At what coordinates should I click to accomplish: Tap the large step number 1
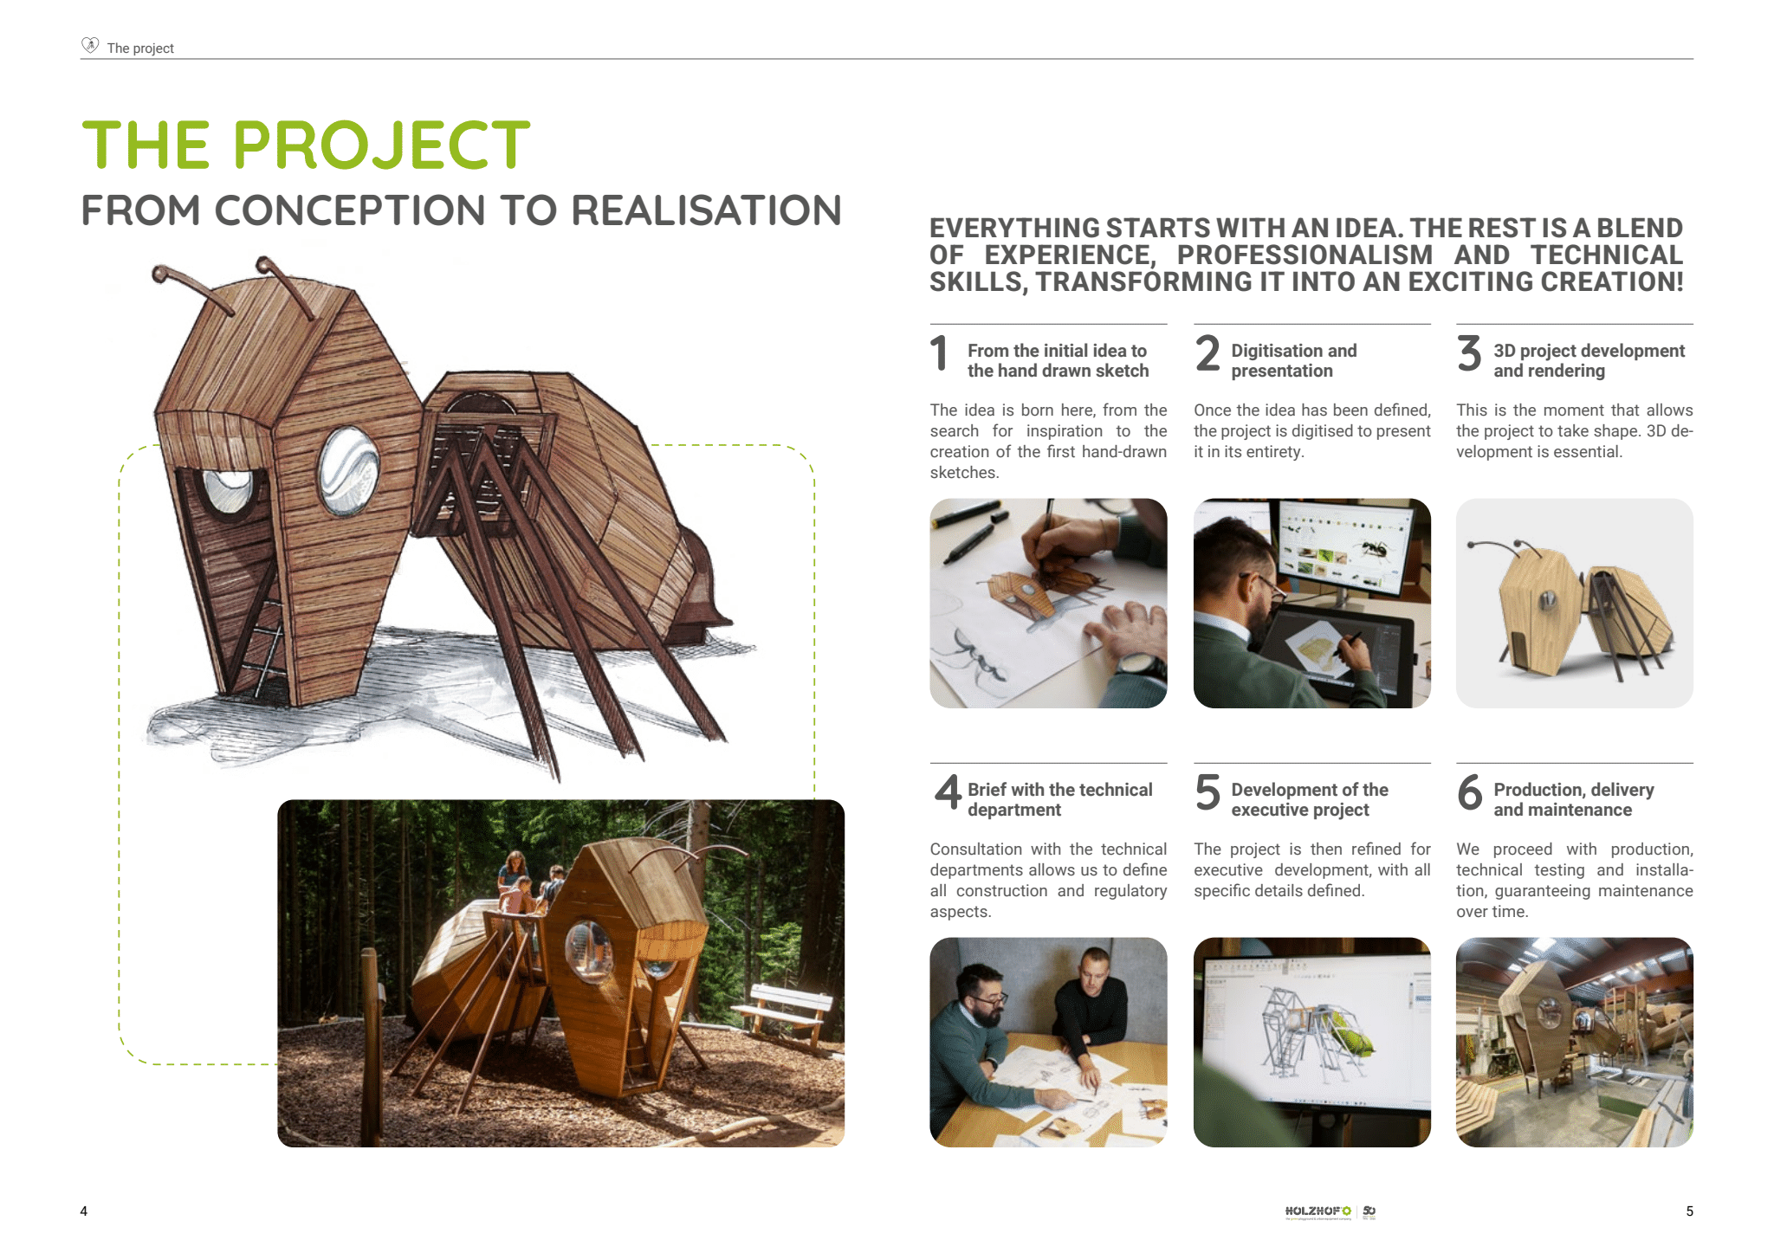coord(939,353)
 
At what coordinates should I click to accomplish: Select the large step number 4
coord(948,792)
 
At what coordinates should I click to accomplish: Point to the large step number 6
coord(1470,792)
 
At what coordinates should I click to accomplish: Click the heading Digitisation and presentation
coord(1294,360)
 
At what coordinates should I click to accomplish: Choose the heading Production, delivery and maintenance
coord(1574,799)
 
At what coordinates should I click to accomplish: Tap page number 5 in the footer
coord(1689,1211)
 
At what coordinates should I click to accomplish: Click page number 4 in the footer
coord(84,1211)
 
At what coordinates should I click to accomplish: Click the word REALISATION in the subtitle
coord(706,210)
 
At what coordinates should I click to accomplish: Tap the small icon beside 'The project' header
coord(90,45)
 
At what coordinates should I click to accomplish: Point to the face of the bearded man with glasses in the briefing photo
coord(987,1002)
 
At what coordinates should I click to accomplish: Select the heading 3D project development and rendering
coord(1589,360)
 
